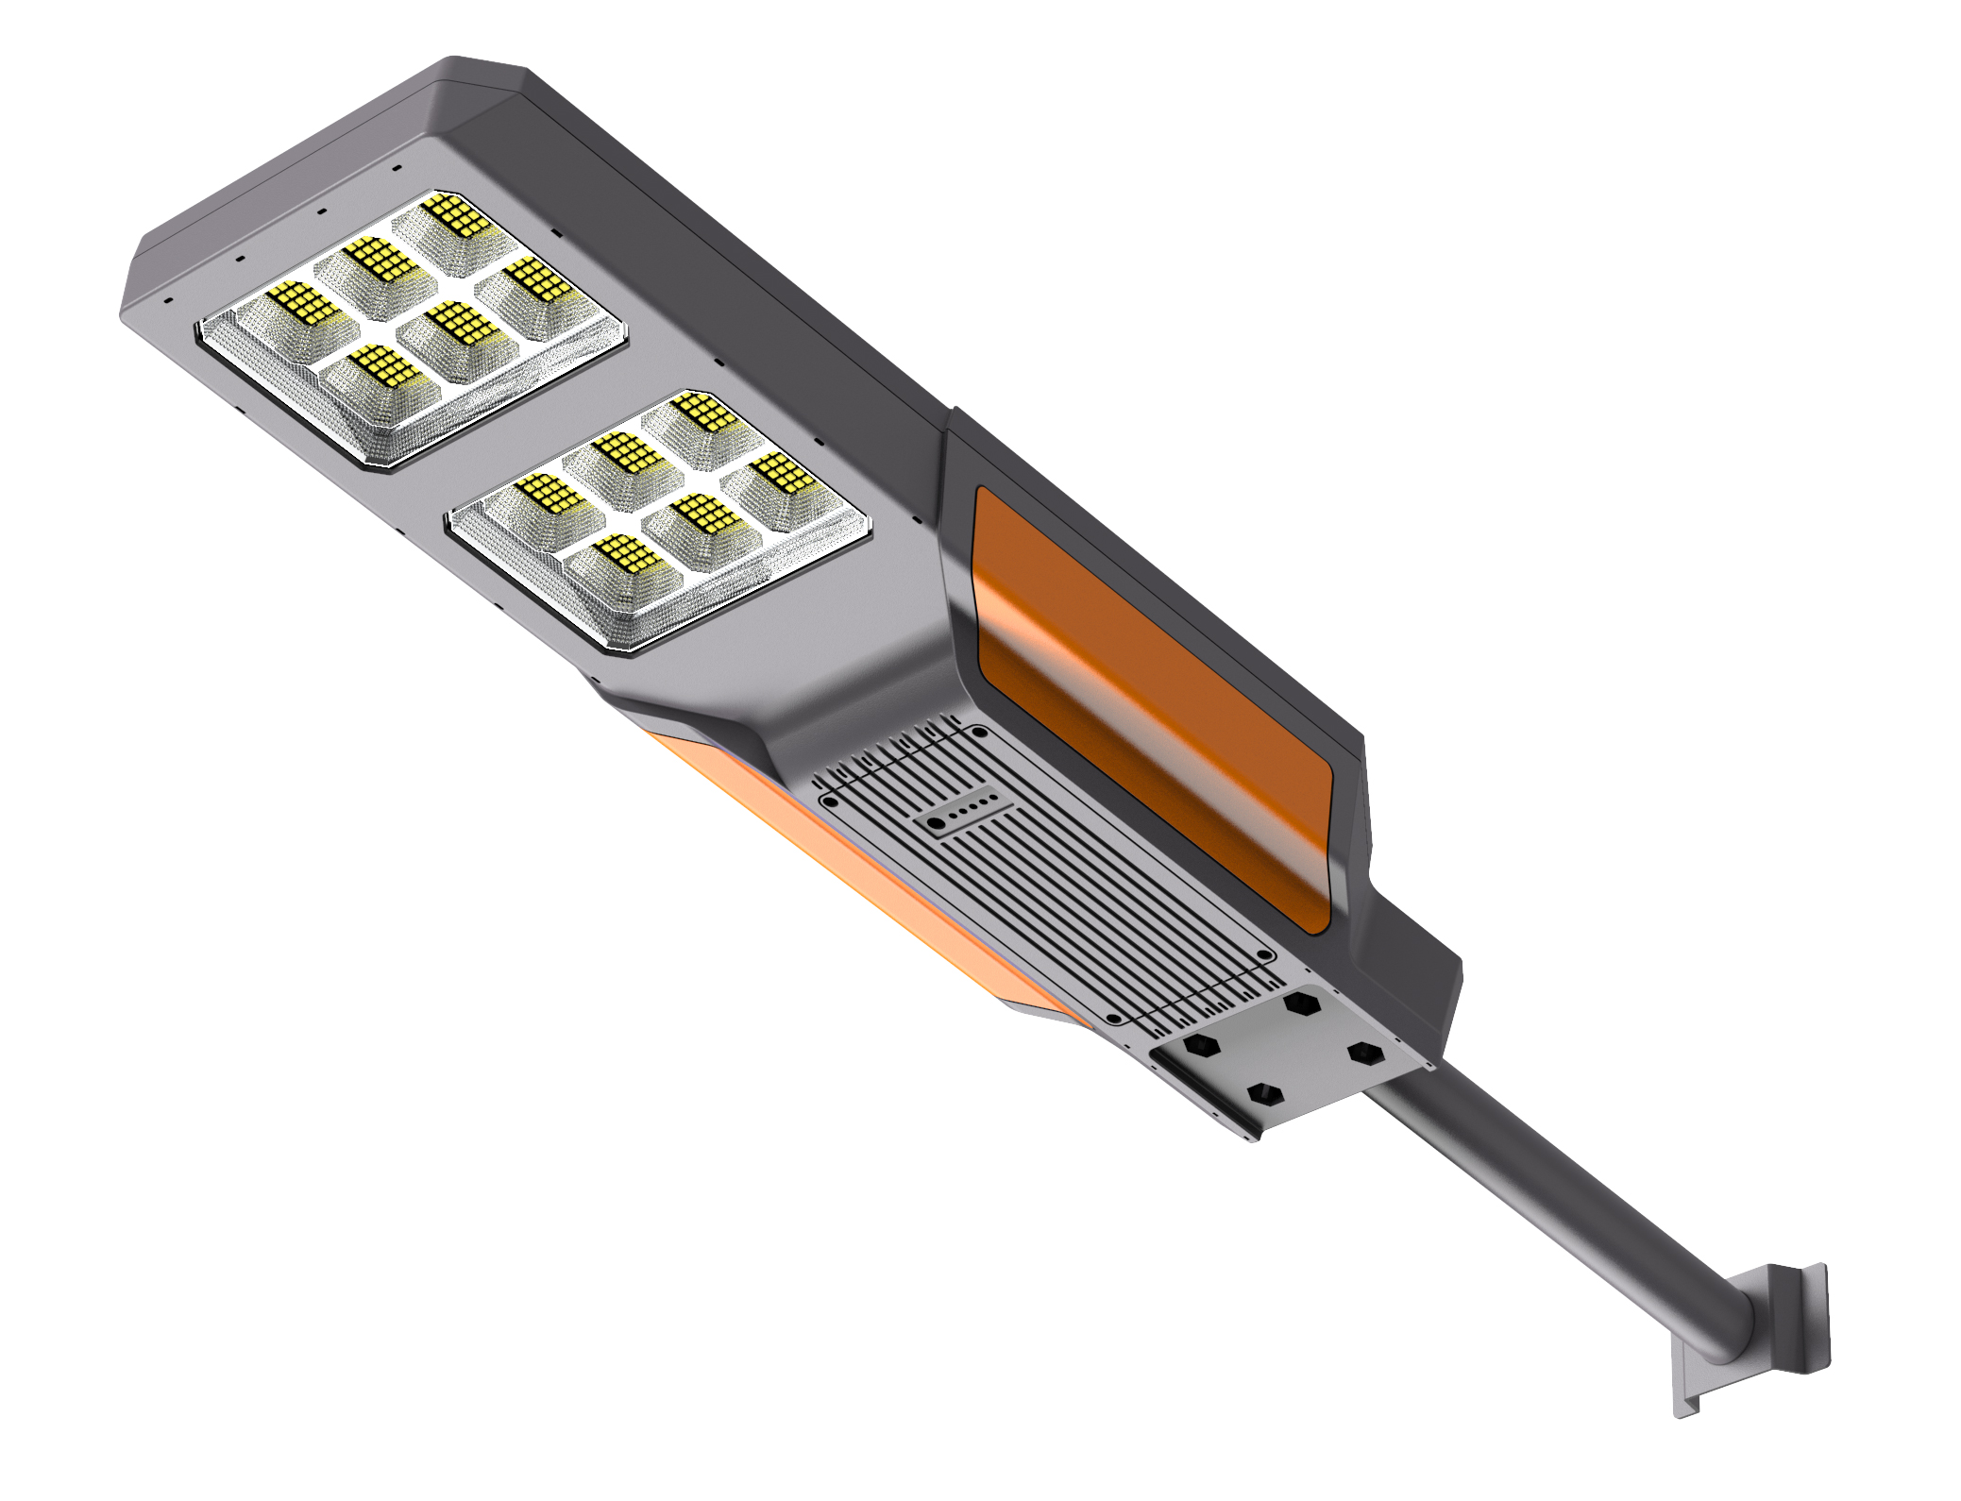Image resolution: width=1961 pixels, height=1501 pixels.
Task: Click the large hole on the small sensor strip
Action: pos(936,824)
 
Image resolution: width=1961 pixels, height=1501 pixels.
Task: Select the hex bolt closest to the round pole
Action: pos(1363,1052)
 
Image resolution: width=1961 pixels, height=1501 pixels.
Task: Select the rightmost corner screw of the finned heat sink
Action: pos(1265,956)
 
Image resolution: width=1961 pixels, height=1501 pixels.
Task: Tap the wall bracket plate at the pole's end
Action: pos(1794,1322)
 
